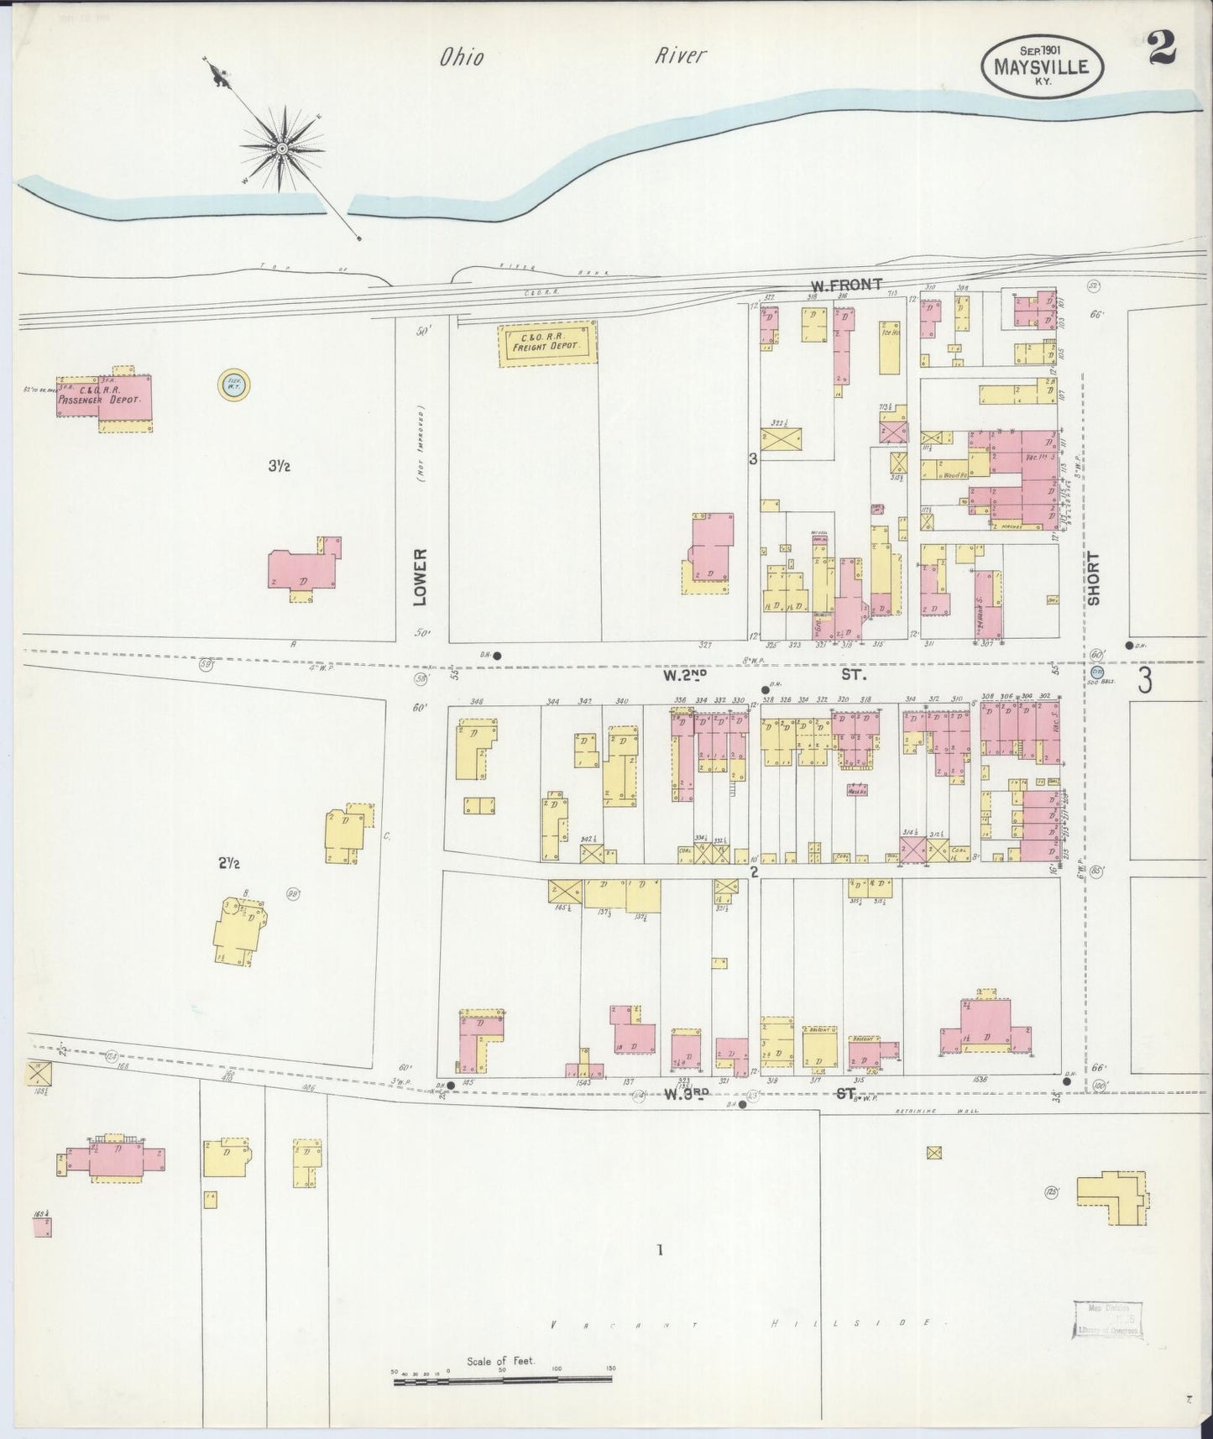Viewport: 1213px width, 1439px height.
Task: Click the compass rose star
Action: [x=282, y=149]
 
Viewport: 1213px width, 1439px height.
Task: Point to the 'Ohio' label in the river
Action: [x=462, y=57]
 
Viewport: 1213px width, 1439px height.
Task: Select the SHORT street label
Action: [x=1094, y=578]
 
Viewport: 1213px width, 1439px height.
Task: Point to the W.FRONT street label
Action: [x=845, y=285]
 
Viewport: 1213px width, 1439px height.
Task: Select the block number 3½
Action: [x=279, y=466]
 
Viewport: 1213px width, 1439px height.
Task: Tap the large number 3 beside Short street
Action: [x=1144, y=681]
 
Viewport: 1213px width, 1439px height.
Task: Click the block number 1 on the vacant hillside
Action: [x=660, y=1250]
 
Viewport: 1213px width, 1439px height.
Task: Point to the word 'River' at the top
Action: [x=681, y=55]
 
